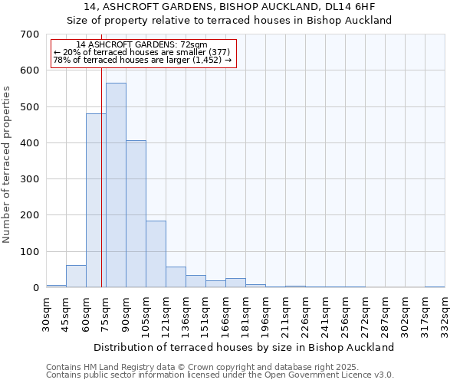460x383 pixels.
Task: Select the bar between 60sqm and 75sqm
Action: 96,201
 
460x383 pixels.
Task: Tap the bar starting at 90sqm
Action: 136,214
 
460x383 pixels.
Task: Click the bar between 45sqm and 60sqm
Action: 76,277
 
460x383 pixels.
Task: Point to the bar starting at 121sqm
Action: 176,277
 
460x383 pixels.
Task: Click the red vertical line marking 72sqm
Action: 101,191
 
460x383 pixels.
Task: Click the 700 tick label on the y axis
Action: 30,34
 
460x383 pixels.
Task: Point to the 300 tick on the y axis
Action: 30,179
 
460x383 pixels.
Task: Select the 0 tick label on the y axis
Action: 35,288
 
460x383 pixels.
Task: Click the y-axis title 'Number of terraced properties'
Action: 8,165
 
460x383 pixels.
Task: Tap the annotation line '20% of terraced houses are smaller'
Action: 142,52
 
